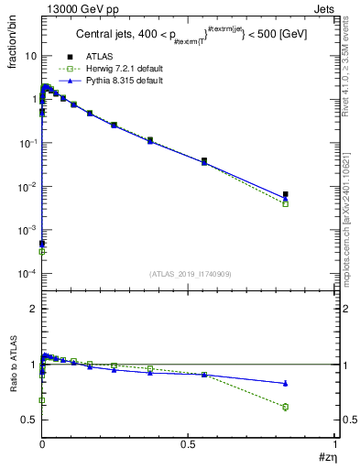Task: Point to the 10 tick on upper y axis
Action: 31,56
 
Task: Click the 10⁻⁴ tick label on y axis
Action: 27,275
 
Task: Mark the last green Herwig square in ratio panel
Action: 285,407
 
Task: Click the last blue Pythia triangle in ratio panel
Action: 285,383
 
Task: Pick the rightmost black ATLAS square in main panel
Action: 285,194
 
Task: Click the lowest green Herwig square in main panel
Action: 42,251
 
